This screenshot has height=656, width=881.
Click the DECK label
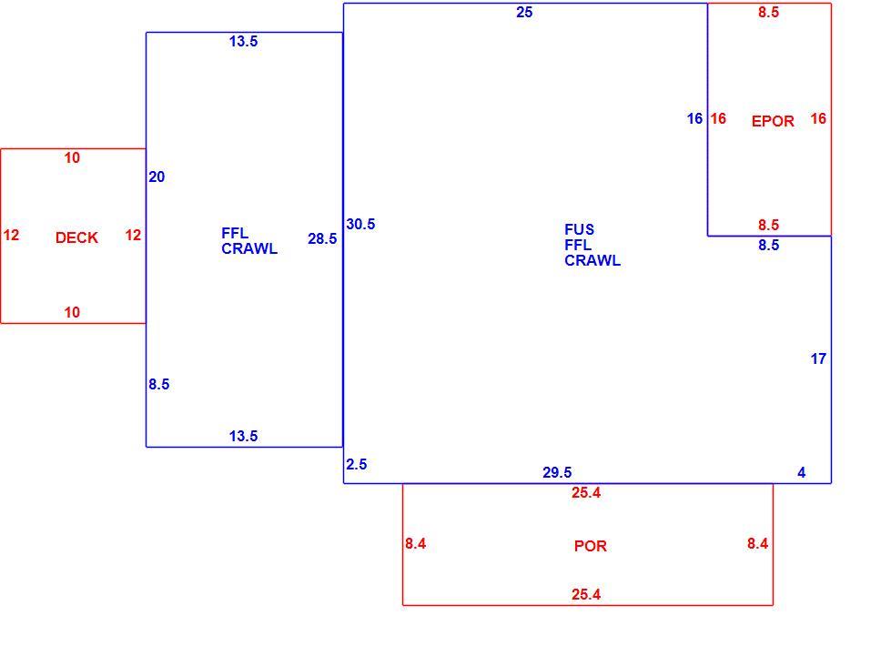(77, 237)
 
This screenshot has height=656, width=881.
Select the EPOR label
(773, 121)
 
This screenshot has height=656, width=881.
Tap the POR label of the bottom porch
(591, 546)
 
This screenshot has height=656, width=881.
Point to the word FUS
(579, 229)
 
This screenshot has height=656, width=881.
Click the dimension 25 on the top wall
(524, 13)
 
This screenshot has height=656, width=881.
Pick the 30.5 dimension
(360, 224)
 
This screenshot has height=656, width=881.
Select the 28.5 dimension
(322, 238)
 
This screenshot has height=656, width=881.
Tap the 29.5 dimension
(557, 472)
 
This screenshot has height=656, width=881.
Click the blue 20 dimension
(157, 177)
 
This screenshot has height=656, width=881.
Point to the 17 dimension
(818, 358)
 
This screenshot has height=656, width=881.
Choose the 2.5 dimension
(357, 465)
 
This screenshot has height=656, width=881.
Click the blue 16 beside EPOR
(694, 118)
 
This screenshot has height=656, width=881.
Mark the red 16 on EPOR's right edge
(818, 118)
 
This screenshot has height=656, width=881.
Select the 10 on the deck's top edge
(72, 157)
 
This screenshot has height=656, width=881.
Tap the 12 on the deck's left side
(11, 235)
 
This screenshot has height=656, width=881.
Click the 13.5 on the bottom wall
(243, 436)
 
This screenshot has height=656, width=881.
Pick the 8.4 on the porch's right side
(757, 544)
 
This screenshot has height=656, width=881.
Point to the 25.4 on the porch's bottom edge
(586, 594)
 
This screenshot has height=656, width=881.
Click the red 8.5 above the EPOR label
(769, 13)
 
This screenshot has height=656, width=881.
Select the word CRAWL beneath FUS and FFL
(592, 260)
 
